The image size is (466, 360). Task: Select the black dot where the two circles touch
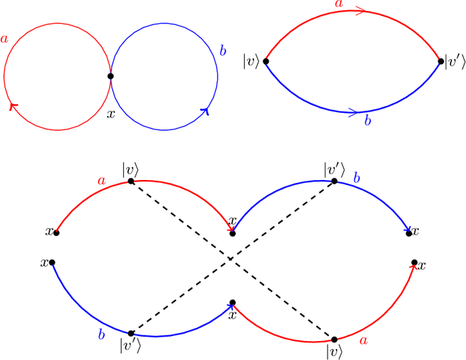(111, 76)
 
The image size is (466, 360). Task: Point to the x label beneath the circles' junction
(111, 114)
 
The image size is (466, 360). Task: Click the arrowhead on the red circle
(12, 106)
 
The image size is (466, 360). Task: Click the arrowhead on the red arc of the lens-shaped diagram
(362, 10)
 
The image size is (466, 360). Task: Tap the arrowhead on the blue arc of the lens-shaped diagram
(355, 112)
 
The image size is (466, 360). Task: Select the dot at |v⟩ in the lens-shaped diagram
(266, 61)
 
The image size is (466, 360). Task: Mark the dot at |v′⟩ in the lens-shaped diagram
(441, 61)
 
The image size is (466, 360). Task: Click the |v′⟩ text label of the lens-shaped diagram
(454, 61)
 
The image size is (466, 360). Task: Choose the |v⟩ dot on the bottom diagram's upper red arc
(131, 181)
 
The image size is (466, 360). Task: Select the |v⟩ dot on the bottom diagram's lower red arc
(335, 339)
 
